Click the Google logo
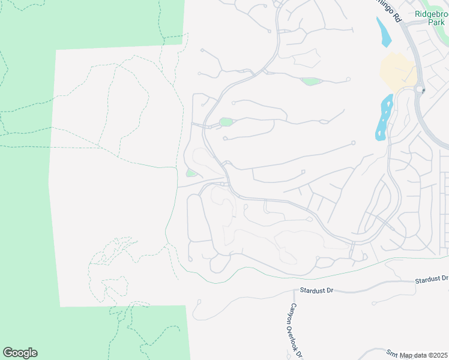pos(20,353)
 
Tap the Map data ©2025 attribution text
pos(423,355)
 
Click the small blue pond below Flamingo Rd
pos(383,33)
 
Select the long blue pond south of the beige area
pos(383,117)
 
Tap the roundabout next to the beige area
pos(418,91)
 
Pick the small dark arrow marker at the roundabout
pos(424,91)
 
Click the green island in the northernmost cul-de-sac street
pos(311,82)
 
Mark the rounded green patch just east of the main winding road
pos(226,122)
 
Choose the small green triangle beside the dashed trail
pos(191,173)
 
